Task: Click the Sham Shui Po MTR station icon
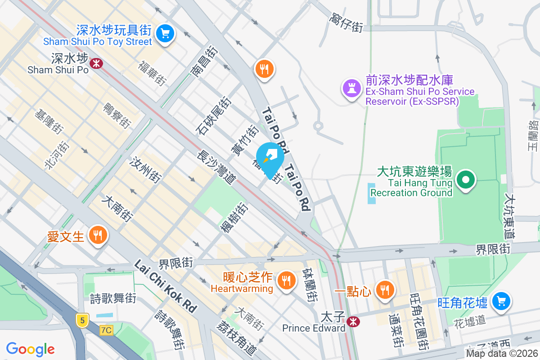click(96, 63)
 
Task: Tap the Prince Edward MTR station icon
click(353, 321)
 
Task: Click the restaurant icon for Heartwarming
click(285, 281)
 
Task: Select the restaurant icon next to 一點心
click(384, 289)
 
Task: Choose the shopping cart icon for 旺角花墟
click(501, 301)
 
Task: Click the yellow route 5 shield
click(81, 320)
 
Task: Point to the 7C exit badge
click(106, 330)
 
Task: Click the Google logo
click(31, 349)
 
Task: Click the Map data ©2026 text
click(502, 353)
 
